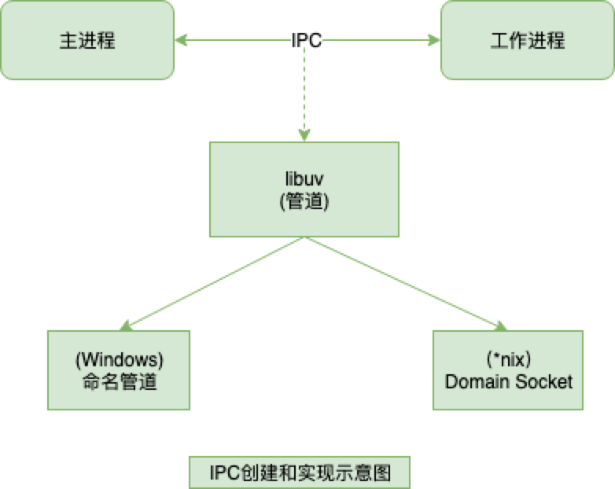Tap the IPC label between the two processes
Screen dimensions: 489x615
click(x=306, y=40)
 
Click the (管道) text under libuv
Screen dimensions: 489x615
click(x=304, y=200)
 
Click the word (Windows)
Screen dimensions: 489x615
click(x=119, y=360)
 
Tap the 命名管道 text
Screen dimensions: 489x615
click(x=119, y=382)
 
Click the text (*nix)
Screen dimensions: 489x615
click(x=508, y=360)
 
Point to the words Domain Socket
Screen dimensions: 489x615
click(x=508, y=382)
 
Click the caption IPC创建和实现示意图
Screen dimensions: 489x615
click(x=300, y=473)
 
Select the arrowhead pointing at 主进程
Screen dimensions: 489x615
click(x=181, y=40)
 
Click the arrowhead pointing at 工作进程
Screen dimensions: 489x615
click(x=433, y=40)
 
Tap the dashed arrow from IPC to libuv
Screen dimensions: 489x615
click(x=304, y=90)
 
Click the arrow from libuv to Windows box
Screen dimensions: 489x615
click(x=212, y=283)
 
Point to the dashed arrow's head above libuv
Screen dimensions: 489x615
click(x=304, y=135)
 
